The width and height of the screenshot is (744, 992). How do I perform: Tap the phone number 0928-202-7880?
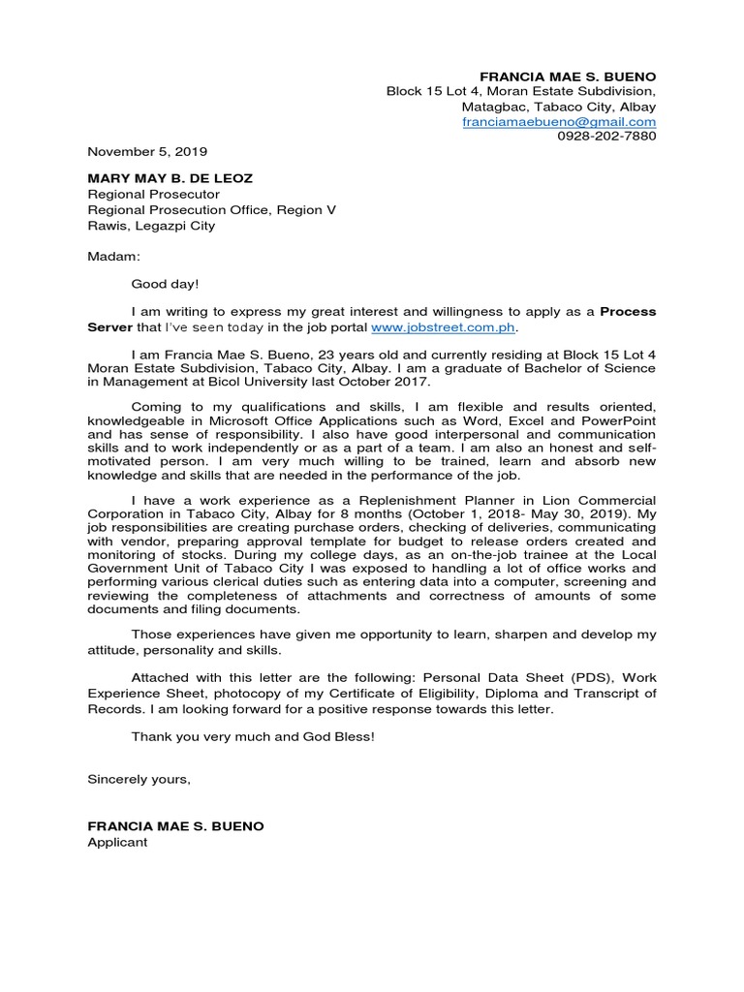(x=606, y=137)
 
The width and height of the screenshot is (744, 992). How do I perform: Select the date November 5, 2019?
(x=147, y=151)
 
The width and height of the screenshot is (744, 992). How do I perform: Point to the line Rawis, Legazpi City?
(x=151, y=226)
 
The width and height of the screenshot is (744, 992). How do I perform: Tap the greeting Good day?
(x=165, y=285)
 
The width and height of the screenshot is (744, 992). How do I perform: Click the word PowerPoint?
(x=621, y=421)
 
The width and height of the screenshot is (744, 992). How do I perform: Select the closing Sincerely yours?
(x=139, y=779)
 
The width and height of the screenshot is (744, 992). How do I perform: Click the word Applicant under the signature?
(x=117, y=842)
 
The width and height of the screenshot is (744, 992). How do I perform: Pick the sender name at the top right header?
(x=568, y=77)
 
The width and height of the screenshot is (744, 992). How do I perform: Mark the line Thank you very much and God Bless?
(x=252, y=737)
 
